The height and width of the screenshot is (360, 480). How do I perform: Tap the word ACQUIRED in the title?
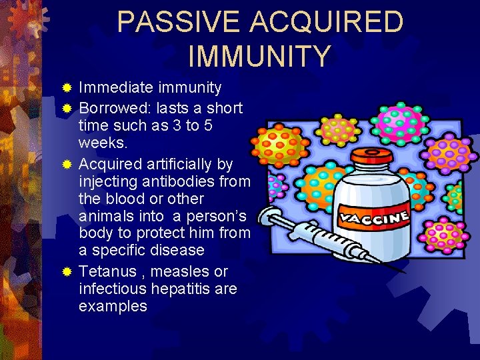[x=327, y=22]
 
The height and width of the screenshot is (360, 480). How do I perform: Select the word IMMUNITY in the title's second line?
[x=259, y=56]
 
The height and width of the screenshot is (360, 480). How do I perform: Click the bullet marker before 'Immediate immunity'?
[x=67, y=88]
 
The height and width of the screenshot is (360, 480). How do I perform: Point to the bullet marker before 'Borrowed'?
[x=67, y=108]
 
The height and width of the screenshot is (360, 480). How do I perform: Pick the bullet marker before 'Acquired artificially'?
[x=67, y=164]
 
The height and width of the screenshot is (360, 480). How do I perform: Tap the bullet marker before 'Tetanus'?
[x=67, y=272]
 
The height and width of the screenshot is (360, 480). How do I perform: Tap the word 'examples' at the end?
[x=113, y=306]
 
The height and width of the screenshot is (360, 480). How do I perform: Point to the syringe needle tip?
[x=403, y=271]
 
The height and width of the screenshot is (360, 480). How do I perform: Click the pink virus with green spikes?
[x=400, y=121]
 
